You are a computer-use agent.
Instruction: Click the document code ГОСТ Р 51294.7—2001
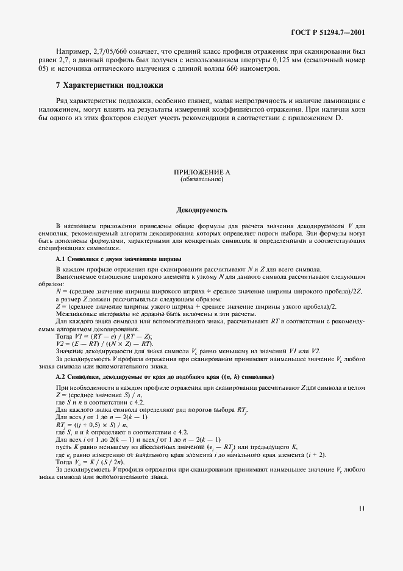click(x=330, y=32)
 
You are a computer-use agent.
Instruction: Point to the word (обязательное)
click(x=201, y=180)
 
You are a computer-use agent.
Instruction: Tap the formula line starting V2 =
click(x=104, y=344)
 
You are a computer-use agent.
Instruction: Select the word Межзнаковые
click(x=76, y=313)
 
